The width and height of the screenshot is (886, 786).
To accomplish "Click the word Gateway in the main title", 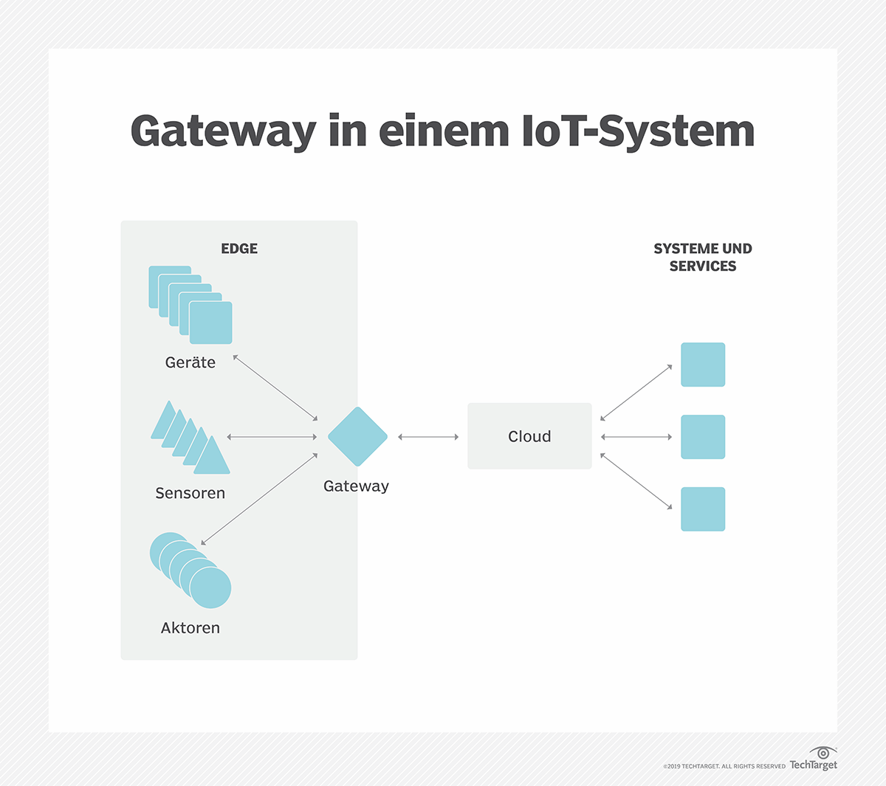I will click(x=223, y=131).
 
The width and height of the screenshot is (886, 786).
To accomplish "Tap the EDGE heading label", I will click(x=239, y=249).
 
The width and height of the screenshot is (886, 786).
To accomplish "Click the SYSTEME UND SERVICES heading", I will click(x=702, y=258).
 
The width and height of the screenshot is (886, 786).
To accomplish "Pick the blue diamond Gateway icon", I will click(x=357, y=436).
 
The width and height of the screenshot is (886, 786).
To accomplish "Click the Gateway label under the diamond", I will click(x=356, y=486).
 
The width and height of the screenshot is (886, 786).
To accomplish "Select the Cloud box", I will click(x=529, y=436).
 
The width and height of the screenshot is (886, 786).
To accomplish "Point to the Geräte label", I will click(x=190, y=362).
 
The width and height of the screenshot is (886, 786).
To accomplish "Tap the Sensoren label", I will click(x=190, y=493).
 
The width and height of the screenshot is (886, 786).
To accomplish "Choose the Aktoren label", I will click(x=190, y=628).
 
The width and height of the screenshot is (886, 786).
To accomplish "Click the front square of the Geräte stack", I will click(x=211, y=323).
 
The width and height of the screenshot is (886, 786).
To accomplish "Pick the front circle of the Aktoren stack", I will click(x=210, y=587).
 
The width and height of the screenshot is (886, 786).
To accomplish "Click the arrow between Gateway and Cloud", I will click(x=428, y=437).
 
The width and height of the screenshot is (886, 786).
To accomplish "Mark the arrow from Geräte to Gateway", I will click(x=275, y=388).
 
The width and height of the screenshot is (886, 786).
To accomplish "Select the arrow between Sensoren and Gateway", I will click(x=272, y=437).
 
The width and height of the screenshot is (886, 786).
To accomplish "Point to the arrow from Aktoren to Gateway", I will click(x=259, y=500).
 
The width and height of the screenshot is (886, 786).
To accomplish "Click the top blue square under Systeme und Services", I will click(x=703, y=365).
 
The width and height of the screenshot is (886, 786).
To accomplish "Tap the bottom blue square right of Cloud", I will click(x=703, y=509).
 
